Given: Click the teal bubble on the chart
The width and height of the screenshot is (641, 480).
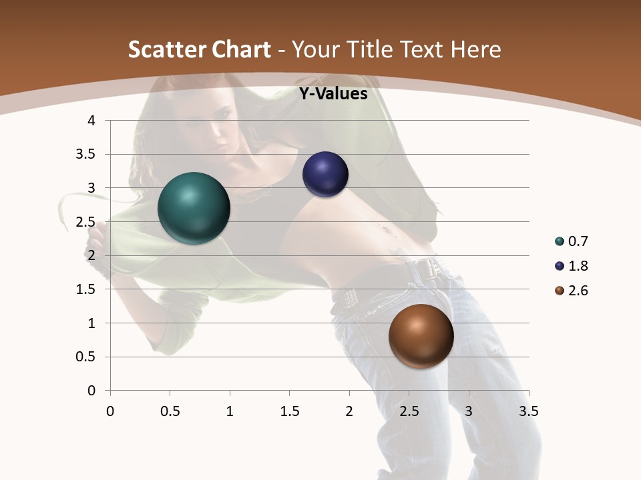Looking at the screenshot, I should coord(194,208).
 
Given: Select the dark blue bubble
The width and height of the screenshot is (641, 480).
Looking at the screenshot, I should coord(325,175).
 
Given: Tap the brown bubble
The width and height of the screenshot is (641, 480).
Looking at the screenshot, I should coord(421,337).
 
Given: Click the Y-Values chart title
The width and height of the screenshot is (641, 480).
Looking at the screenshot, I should coord(333,94).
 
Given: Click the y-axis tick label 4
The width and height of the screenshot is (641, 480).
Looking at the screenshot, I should coord(91,121).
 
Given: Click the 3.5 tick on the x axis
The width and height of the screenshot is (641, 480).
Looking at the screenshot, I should coord(528,411).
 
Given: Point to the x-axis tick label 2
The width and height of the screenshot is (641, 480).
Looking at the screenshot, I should coord(349,411).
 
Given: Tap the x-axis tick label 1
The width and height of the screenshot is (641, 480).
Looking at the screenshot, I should coord(230,411).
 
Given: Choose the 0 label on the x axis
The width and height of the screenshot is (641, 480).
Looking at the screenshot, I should coord(110,411).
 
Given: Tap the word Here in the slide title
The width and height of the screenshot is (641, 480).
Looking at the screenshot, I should coord(475,50).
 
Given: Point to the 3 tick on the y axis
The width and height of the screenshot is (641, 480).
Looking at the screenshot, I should coord(91,188).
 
